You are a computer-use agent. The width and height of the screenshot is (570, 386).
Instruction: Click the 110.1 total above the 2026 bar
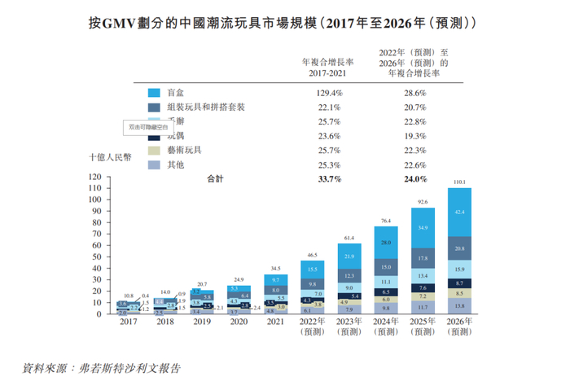point(460,182)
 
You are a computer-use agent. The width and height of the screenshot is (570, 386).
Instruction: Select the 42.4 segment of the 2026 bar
point(460,213)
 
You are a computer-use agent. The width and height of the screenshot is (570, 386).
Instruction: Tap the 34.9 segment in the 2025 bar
point(421,228)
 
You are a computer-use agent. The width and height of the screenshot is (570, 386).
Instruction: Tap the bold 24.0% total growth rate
point(415,178)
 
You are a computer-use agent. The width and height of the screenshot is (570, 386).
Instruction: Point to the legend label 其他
point(174,164)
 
